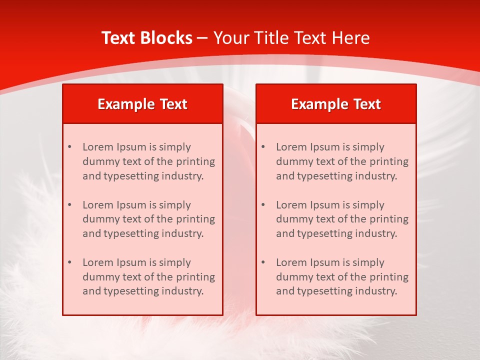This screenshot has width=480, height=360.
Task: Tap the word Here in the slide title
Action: (351, 38)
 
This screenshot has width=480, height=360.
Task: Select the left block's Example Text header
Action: (142, 104)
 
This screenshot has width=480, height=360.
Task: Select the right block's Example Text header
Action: (336, 104)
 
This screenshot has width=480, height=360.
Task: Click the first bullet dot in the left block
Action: (69, 147)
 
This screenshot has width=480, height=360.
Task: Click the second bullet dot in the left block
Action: (69, 205)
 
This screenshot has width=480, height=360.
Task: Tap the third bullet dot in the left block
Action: (69, 262)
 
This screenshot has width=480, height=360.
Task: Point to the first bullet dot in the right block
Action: (263, 147)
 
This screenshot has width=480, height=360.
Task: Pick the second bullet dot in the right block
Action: (263, 205)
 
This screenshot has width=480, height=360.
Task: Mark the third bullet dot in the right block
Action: (263, 262)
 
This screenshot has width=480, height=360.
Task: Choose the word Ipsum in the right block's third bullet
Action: (325, 262)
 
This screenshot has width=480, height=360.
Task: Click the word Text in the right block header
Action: (367, 104)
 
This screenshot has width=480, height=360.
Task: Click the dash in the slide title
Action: (202, 38)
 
